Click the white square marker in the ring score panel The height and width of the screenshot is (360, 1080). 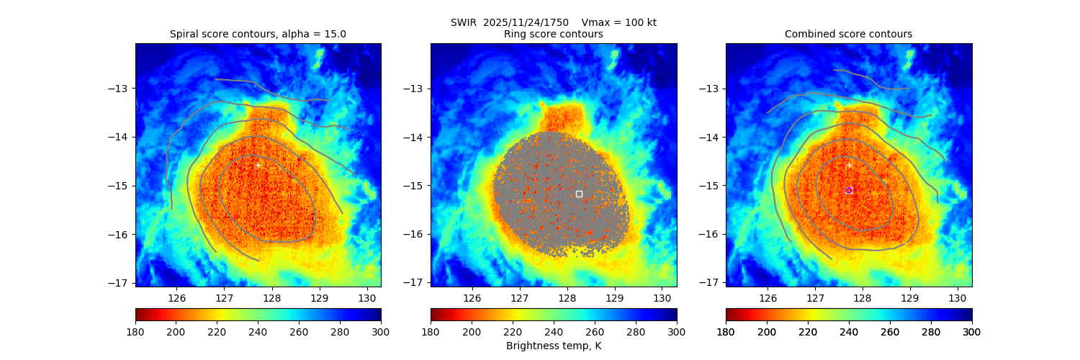pyautogui.click(x=579, y=194)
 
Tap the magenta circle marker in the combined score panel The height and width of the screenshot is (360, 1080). pyautogui.click(x=849, y=190)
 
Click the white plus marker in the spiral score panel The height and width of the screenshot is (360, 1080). pyautogui.click(x=258, y=166)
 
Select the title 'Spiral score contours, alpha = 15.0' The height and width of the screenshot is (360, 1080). pyautogui.click(x=258, y=34)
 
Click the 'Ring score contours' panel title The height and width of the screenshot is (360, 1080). pyautogui.click(x=553, y=34)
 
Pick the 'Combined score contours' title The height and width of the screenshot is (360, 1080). pyautogui.click(x=848, y=34)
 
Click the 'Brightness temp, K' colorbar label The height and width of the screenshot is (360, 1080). pyautogui.click(x=553, y=346)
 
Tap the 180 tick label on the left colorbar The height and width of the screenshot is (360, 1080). pyautogui.click(x=135, y=332)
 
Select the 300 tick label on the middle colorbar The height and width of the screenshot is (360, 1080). pyautogui.click(x=677, y=332)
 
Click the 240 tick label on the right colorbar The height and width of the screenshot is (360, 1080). pyautogui.click(x=849, y=332)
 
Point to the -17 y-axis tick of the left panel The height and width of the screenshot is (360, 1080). pyautogui.click(x=122, y=282)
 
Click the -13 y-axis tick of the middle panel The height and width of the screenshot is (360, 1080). pyautogui.click(x=417, y=89)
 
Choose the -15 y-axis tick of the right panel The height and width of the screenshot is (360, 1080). pyautogui.click(x=712, y=186)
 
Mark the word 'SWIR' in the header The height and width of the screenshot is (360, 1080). pyautogui.click(x=463, y=22)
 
